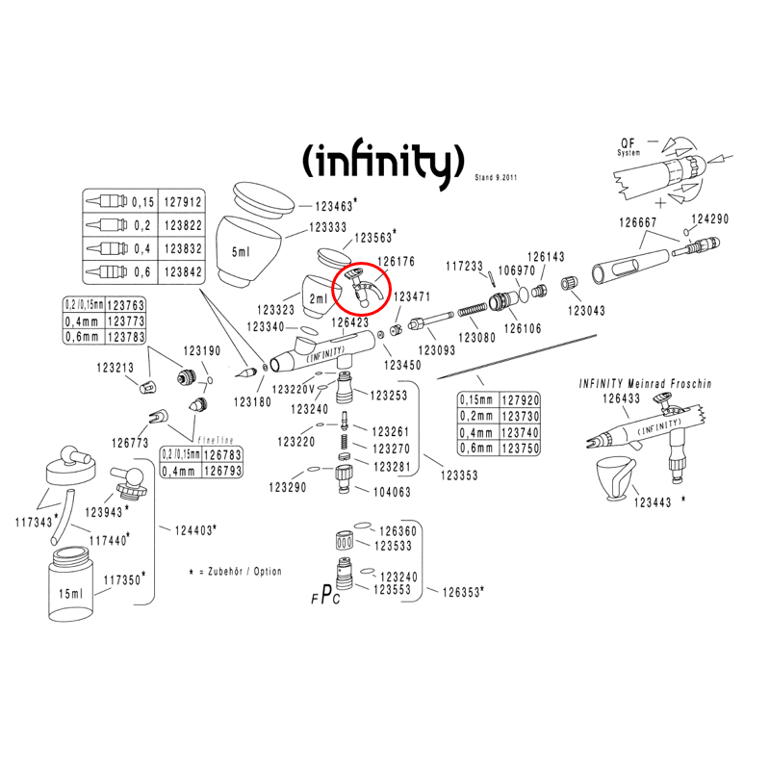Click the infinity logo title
click(383, 161)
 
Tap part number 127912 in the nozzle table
click(183, 202)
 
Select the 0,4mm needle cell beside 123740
click(475, 432)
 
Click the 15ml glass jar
click(73, 585)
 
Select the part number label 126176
click(396, 261)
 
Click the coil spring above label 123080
click(473, 310)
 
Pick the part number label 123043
click(586, 310)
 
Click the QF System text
click(629, 146)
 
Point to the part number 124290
click(710, 219)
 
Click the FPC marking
click(325, 595)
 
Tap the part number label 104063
click(392, 492)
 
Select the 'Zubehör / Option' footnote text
click(244, 571)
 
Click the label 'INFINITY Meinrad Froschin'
click(645, 383)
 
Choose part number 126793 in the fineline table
click(223, 471)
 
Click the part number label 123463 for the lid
click(334, 206)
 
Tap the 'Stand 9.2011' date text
click(496, 177)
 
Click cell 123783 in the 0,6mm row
click(126, 337)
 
